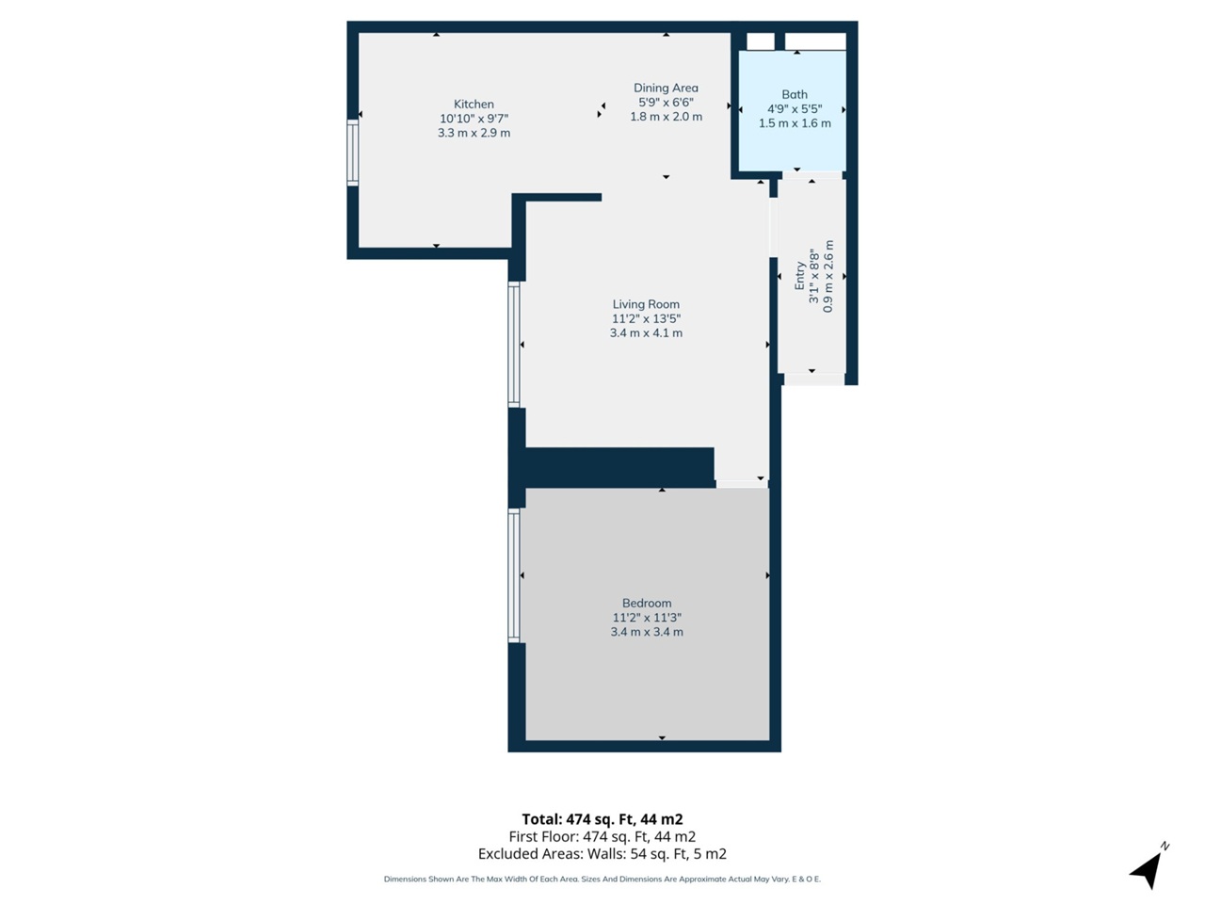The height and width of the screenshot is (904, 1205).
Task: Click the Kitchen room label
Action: tap(474, 105)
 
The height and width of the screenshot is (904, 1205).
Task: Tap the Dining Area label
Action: tap(666, 89)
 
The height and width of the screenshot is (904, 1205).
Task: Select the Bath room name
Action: tap(795, 94)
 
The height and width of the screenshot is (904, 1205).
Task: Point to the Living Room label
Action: tap(646, 304)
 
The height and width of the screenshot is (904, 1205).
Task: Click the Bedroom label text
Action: tap(647, 604)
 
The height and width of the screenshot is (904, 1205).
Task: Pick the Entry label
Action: tap(800, 276)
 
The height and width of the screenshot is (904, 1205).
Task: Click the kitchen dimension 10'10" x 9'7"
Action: tap(474, 119)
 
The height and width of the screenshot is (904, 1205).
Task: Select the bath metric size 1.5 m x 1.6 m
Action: tap(795, 123)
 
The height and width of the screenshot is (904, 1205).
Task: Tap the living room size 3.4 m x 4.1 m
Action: tap(646, 333)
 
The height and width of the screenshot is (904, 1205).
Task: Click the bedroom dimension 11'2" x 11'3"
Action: tap(647, 618)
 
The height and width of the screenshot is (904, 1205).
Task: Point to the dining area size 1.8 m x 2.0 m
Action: tap(666, 117)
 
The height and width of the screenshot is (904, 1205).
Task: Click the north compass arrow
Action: tap(1149, 867)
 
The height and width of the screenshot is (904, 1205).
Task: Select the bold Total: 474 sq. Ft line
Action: tap(602, 819)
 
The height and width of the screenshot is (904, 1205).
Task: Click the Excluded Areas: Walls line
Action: tap(602, 854)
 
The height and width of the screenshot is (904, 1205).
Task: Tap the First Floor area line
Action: tap(602, 836)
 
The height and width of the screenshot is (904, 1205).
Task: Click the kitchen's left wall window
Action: tap(353, 152)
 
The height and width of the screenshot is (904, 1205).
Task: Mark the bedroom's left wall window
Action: tap(514, 575)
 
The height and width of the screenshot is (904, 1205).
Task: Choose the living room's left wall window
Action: tap(514, 345)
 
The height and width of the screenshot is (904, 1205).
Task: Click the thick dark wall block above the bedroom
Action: tap(618, 467)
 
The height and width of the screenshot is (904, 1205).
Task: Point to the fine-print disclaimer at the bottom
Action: tap(602, 880)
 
